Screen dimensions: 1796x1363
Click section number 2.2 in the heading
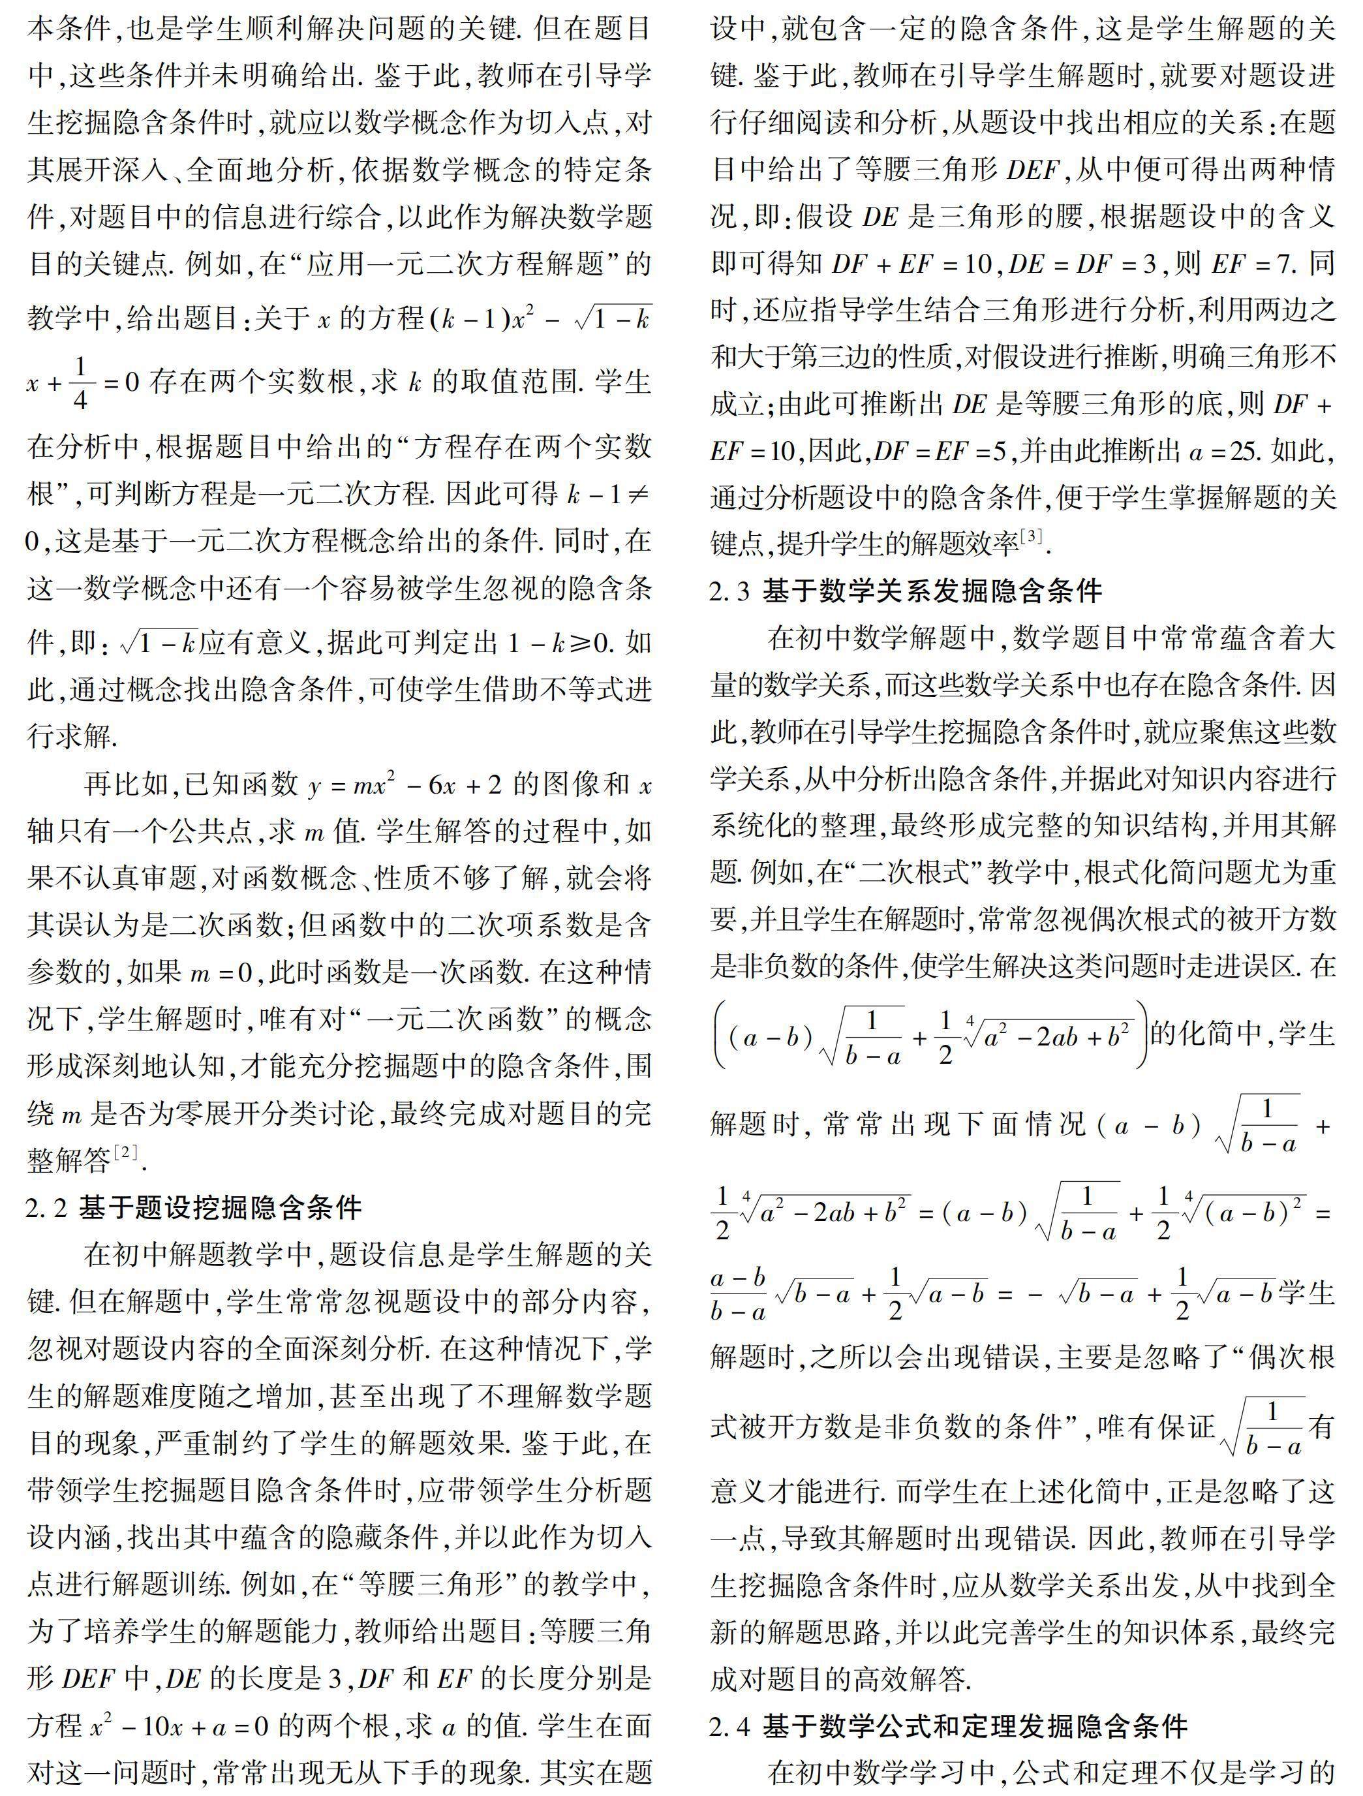point(46,1208)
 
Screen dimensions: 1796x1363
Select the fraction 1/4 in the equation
point(80,382)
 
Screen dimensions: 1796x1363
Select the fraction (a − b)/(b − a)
point(738,1293)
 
